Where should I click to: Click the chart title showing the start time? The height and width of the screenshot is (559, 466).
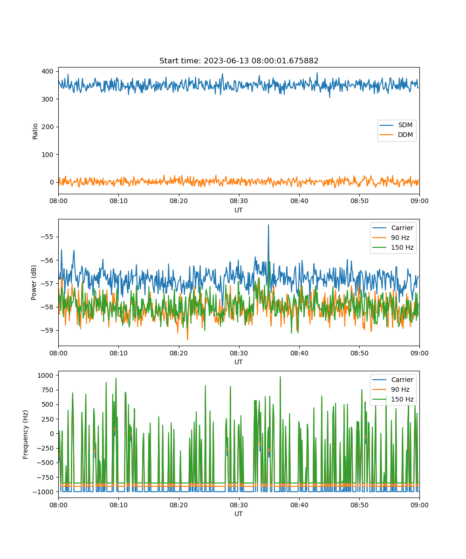tap(239, 61)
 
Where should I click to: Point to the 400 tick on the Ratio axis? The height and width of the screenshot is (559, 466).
tap(48, 71)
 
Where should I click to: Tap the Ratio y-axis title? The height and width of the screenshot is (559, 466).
tap(35, 131)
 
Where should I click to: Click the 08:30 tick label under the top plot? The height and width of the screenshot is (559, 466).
tap(239, 201)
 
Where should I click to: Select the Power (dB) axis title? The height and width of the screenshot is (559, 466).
tap(34, 282)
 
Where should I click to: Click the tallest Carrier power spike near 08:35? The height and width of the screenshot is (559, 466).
tap(268, 225)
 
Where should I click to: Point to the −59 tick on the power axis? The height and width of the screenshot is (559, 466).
tap(47, 330)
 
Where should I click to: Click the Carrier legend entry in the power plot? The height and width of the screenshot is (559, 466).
tap(393, 228)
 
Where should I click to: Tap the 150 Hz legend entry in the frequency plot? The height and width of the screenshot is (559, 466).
tap(393, 399)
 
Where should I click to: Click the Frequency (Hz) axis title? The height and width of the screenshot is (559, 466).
tap(25, 435)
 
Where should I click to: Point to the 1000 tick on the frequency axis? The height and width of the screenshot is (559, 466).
tap(46, 375)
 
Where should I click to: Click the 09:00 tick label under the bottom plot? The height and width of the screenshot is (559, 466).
tap(419, 505)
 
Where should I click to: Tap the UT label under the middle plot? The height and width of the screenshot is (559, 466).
tap(238, 362)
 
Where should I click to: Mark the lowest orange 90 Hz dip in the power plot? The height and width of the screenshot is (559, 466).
tap(187, 340)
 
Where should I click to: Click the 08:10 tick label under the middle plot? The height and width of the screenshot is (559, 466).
tap(118, 353)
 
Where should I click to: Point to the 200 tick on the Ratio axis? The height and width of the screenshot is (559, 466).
tap(48, 127)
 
